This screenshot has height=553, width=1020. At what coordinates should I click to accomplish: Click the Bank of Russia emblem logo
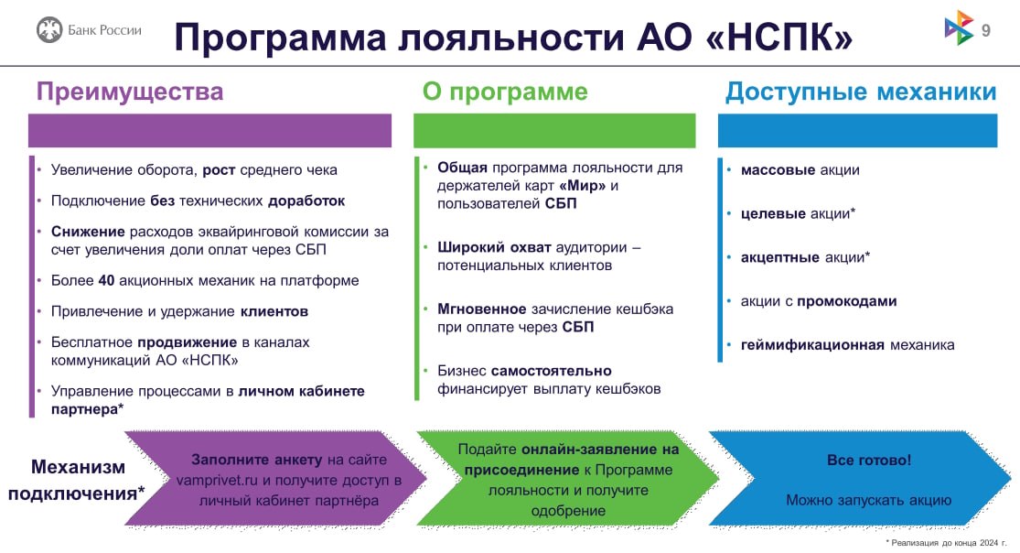point(49,30)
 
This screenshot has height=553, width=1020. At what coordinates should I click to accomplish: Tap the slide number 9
point(985,31)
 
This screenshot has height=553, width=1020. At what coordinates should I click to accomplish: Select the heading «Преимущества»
point(129,92)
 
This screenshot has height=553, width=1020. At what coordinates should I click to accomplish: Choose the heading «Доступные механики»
point(861,92)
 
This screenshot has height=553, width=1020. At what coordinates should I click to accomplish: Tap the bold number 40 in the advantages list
point(105,280)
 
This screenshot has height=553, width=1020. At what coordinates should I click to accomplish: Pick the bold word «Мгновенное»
point(481,309)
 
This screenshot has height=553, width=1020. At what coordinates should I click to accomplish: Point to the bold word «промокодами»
point(846,301)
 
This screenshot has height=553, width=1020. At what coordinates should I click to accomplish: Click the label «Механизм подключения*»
point(77,480)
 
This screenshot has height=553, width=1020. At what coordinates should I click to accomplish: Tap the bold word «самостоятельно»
point(552,371)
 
